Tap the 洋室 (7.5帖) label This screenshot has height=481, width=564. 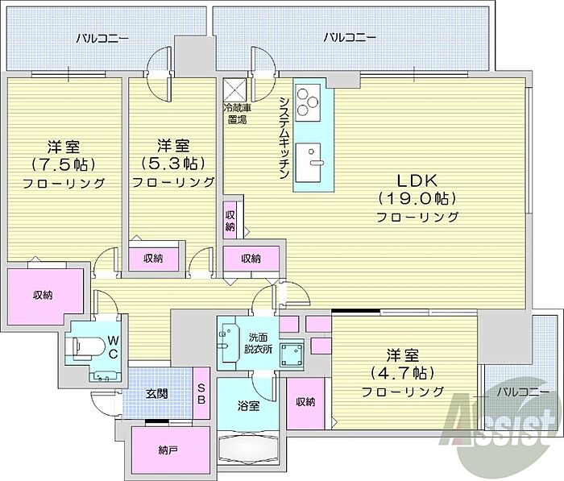click(64, 164)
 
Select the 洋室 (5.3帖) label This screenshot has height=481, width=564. click(173, 164)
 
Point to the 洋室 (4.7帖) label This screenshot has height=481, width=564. click(403, 373)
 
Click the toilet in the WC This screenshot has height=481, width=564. click(87, 348)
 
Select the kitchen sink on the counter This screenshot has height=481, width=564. click(308, 163)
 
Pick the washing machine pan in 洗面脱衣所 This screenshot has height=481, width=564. click(292, 355)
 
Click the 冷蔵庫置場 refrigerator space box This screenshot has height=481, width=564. click(235, 90)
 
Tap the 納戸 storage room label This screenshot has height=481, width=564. click(168, 450)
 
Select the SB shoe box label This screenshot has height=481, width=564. click(201, 394)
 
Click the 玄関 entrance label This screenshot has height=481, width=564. click(157, 394)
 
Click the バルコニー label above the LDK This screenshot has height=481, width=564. click(350, 37)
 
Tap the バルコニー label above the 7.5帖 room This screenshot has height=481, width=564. click(102, 38)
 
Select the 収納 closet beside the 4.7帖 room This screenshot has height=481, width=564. click(305, 402)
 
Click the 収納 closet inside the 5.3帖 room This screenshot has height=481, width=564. click(154, 259)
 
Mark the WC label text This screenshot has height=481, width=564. click(113, 346)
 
